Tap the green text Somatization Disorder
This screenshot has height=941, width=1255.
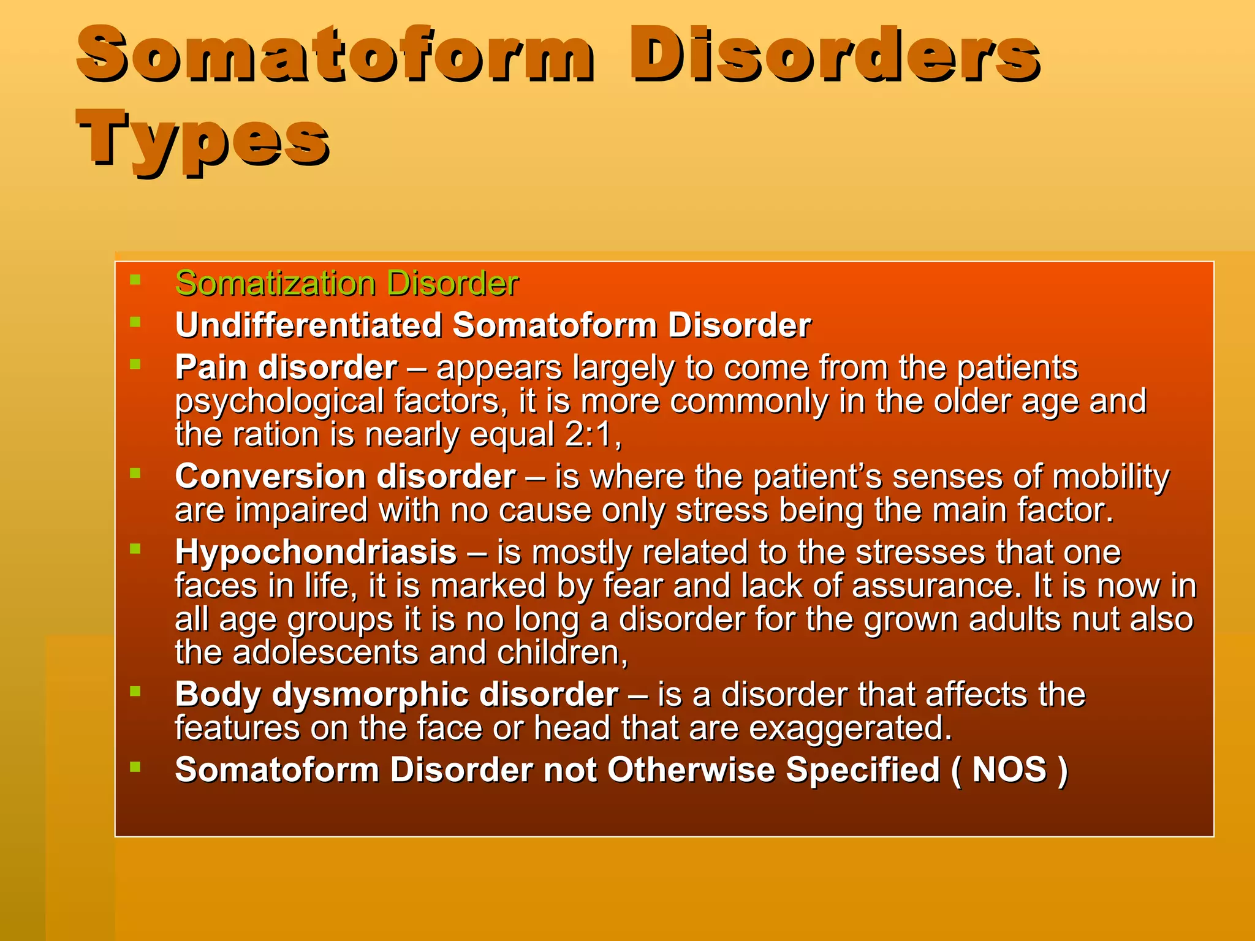347,284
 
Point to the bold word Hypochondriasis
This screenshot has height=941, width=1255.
316,553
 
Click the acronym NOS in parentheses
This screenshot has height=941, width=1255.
1009,770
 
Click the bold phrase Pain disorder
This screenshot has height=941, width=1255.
286,368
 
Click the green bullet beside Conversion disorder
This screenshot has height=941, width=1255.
136,473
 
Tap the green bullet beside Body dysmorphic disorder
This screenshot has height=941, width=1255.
136,691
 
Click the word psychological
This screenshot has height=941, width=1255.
279,402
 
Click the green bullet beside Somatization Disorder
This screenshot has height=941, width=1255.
136,280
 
